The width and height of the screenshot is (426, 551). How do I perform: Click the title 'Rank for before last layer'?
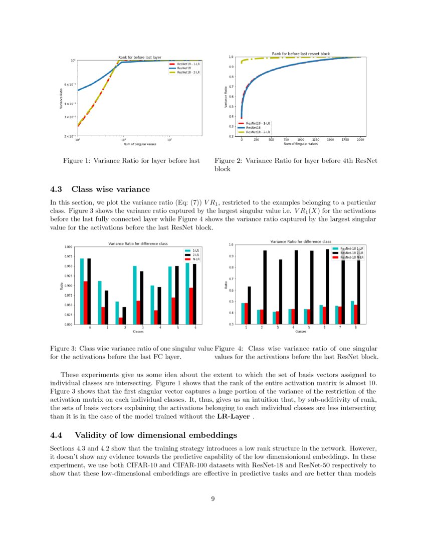[x=139, y=57]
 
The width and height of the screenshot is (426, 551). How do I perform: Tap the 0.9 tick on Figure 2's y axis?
[x=231, y=67]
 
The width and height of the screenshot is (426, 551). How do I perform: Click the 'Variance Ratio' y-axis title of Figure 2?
[x=226, y=97]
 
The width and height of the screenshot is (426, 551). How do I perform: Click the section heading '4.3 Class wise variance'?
[x=100, y=189]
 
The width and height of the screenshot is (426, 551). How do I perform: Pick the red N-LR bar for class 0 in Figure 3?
[x=86, y=303]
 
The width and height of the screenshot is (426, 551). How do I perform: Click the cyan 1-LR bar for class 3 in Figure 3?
[x=134, y=295]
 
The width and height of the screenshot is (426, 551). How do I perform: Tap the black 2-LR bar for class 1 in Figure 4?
[x=249, y=305]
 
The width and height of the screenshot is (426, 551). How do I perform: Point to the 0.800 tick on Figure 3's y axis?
[x=68, y=325]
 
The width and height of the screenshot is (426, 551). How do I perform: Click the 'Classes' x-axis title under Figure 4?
[x=301, y=332]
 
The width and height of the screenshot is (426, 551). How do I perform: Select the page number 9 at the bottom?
[x=213, y=498]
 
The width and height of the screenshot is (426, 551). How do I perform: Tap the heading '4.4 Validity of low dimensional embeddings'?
[x=144, y=434]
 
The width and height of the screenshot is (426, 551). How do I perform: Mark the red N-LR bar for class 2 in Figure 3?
[x=121, y=321]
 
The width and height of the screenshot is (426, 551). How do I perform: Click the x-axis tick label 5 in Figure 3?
[x=177, y=328]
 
